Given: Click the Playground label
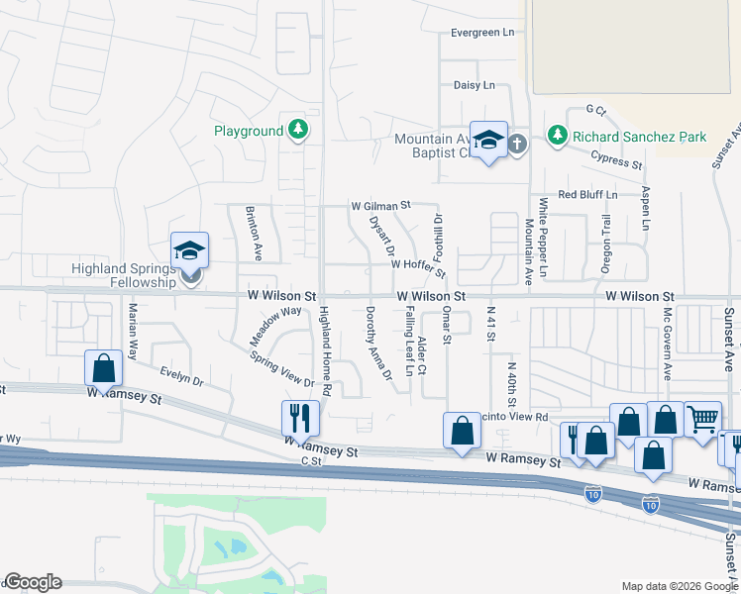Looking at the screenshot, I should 249,131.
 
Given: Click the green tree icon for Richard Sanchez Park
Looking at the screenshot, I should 558,136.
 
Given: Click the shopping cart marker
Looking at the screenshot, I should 702,419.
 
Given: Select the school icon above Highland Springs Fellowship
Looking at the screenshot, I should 189,250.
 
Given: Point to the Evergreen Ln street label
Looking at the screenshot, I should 482,33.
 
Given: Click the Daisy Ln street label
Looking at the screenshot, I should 474,86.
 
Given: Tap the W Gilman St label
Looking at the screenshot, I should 380,206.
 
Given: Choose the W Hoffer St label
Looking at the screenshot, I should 418,264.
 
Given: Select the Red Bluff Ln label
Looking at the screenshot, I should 587,195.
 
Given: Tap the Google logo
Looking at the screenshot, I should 33,582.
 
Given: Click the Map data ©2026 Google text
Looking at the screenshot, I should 679,586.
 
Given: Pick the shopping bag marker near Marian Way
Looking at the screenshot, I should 103,368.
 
